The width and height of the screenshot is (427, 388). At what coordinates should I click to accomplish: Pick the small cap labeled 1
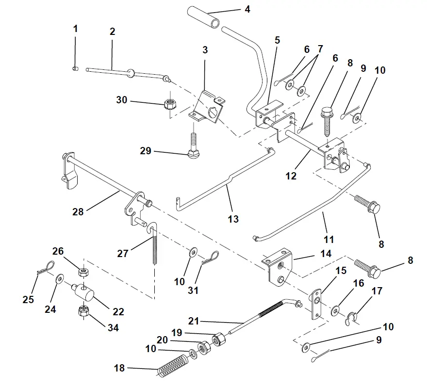click(x=75, y=69)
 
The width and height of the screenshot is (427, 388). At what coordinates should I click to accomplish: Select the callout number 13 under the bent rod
click(x=233, y=219)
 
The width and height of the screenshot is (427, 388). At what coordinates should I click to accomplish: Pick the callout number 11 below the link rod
click(x=329, y=239)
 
